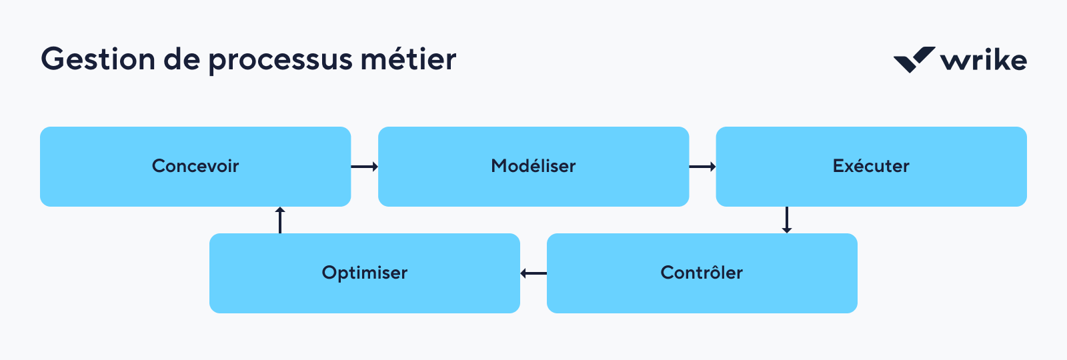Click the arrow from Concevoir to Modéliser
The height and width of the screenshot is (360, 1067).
click(365, 167)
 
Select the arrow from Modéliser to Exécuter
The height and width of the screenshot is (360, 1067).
click(702, 167)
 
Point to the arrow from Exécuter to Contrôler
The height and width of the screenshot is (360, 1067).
click(787, 219)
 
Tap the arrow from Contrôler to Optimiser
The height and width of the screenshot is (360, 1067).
click(533, 273)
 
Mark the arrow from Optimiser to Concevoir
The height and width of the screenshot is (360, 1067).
click(280, 220)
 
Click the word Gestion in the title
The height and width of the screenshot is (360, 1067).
click(98, 59)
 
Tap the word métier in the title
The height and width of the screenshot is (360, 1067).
click(408, 59)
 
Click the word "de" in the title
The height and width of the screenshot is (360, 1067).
click(181, 59)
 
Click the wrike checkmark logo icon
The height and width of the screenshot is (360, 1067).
click(914, 59)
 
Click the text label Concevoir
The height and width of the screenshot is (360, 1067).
click(195, 166)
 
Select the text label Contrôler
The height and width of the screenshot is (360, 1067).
click(702, 273)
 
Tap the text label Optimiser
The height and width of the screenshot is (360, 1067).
click(365, 273)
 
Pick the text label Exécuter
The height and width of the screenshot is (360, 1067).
click(871, 166)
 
